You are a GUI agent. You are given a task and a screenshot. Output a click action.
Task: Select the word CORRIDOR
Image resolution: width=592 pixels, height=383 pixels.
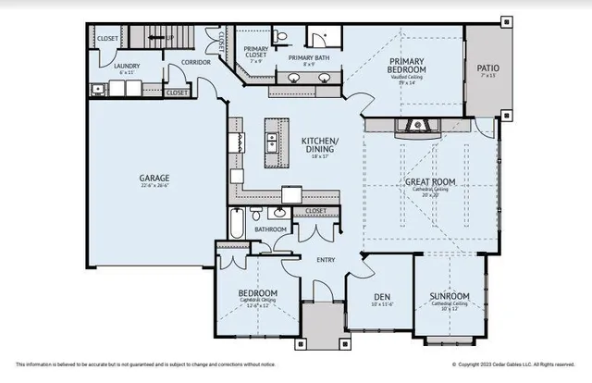[x=195, y=62]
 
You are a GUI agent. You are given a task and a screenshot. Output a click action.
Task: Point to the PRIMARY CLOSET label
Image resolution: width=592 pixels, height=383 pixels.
[x=254, y=53]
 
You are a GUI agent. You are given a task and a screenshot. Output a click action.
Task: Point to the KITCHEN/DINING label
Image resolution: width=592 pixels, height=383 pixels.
[x=320, y=145]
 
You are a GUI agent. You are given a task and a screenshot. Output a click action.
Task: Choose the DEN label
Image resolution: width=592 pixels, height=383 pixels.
[x=377, y=295]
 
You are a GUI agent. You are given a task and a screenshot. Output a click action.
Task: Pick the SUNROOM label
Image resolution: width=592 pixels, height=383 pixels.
[x=448, y=298]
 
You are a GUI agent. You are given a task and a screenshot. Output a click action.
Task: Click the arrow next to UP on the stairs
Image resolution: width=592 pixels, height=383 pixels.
[x=165, y=38]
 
